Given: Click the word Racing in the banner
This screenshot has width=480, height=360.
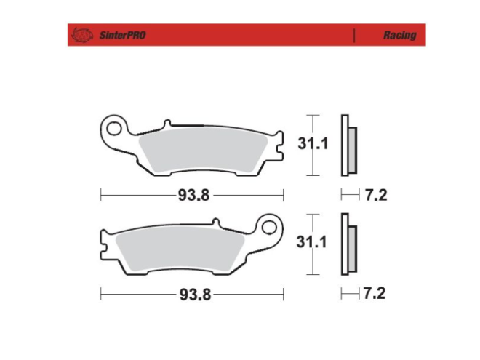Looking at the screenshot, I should click(x=399, y=35).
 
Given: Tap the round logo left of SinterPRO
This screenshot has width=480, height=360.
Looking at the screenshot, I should click(x=81, y=35).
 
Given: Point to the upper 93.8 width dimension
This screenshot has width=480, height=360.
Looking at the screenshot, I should click(x=191, y=195).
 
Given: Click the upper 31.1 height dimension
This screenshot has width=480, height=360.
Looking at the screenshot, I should click(x=313, y=144).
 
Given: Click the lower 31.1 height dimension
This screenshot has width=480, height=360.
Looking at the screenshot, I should click(x=313, y=243).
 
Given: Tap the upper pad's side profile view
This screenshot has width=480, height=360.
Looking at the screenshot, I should click(x=348, y=146).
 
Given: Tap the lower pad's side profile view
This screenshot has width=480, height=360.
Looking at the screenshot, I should click(x=348, y=245).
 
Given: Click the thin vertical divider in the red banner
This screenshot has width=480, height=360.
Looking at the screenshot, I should click(x=354, y=35).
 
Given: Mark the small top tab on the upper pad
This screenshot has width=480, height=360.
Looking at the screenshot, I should click(x=169, y=124).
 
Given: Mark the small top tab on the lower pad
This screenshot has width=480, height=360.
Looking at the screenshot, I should click(x=215, y=223).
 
